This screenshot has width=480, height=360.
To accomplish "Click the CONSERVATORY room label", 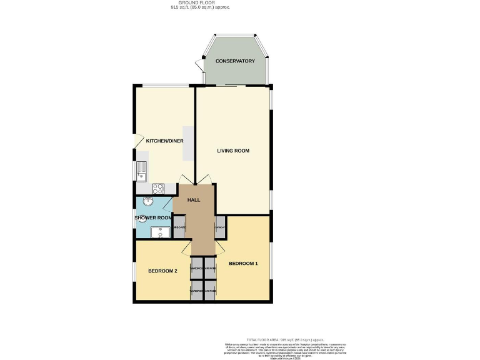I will coord(235,61).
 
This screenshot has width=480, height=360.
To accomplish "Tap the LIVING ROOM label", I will coord(233,151).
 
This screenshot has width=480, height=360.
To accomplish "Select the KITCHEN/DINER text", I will coord(165,141).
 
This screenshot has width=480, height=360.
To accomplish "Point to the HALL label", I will coord(194,199).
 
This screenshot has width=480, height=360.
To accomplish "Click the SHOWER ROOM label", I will coord(152,217).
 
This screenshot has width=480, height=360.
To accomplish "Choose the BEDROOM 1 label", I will coord(243,264).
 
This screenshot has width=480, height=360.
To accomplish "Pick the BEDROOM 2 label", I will coord(163,271).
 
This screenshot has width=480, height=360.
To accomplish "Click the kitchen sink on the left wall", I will coord(141,169).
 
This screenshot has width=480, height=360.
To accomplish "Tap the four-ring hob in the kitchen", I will coord(159,187).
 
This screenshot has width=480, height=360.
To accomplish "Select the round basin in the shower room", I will coord(148,201).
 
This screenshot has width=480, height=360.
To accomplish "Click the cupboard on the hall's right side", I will coord(220,228).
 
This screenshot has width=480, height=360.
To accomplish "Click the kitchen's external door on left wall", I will coord(137,142).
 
